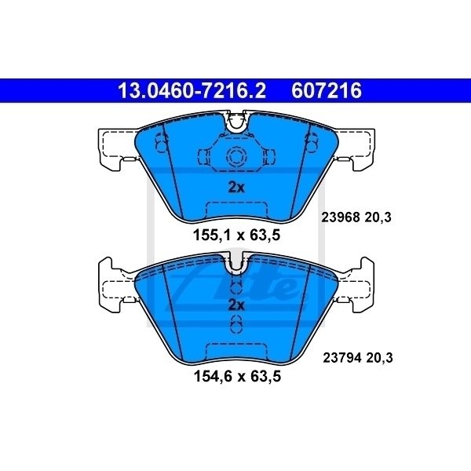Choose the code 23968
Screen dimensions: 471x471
point(339,221)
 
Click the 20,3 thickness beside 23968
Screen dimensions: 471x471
point(378,221)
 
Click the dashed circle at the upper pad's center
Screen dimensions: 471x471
point(236,157)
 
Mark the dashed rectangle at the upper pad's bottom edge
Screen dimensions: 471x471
point(236,209)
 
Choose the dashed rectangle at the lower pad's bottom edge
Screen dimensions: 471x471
point(236,351)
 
